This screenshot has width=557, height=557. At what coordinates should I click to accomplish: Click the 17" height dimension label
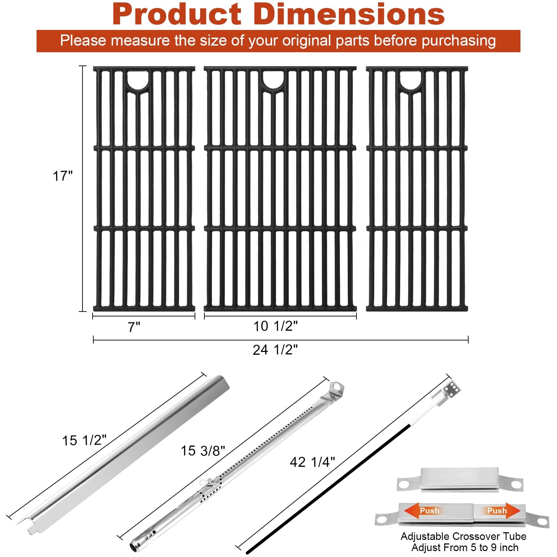[63, 176]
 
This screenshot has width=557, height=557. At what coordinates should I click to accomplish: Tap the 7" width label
[134, 327]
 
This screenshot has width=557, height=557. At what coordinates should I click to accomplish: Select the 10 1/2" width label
[275, 326]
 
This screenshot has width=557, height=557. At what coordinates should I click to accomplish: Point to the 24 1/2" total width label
[275, 350]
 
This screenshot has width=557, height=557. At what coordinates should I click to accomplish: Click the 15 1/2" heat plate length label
[84, 440]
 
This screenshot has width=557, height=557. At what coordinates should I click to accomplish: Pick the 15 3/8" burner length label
[203, 451]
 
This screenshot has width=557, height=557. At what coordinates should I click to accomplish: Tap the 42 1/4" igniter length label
[312, 462]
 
